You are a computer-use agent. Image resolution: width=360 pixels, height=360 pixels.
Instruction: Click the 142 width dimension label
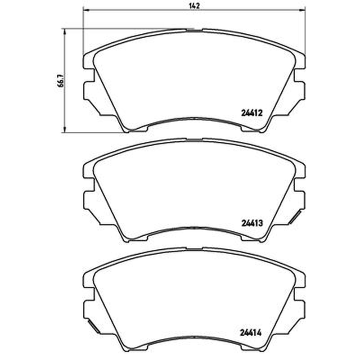click(194, 6)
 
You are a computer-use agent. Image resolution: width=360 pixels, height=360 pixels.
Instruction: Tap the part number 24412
click(252, 113)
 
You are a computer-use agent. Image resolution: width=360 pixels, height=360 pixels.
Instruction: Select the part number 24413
click(252, 223)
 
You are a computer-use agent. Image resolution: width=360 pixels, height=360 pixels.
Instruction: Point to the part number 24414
click(251, 333)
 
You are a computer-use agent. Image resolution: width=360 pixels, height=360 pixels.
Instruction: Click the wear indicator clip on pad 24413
click(295, 217)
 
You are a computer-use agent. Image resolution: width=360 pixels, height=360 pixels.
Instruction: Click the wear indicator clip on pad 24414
click(94, 327)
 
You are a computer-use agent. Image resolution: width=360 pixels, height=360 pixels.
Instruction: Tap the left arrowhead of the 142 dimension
click(85, 10)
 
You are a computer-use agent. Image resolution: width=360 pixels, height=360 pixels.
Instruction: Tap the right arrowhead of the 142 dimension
click(302, 10)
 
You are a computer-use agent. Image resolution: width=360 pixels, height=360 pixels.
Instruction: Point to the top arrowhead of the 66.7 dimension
click(65, 31)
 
